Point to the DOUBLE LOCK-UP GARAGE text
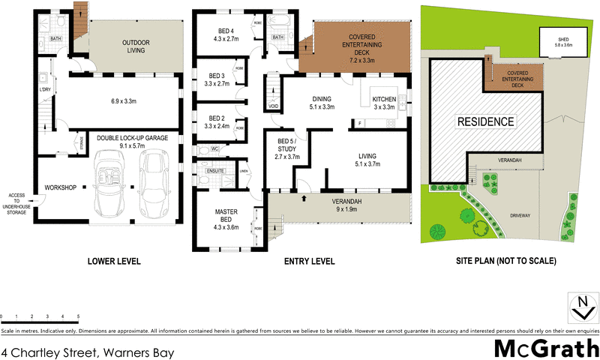(x=131, y=138)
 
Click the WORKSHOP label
(x=61, y=186)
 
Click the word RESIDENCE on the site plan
(x=486, y=121)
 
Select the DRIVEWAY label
(x=520, y=215)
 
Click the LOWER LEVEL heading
(x=113, y=262)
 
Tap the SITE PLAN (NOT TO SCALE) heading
(x=505, y=262)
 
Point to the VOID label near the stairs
(x=273, y=106)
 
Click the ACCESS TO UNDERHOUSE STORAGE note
(x=16, y=203)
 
